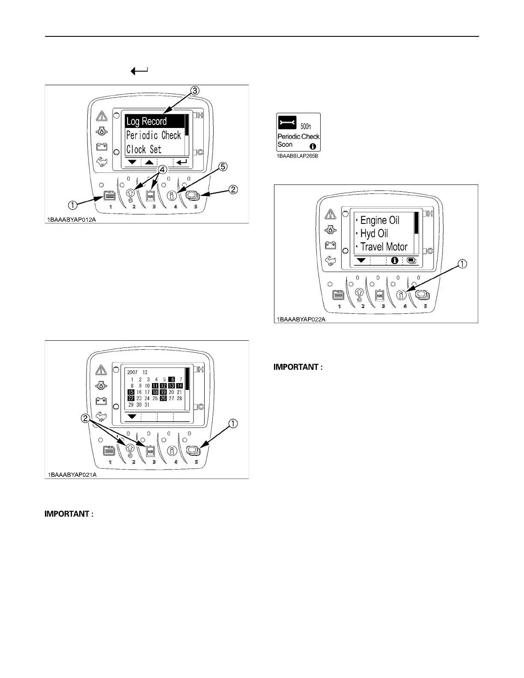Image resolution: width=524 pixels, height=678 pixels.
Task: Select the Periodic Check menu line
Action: [153, 136]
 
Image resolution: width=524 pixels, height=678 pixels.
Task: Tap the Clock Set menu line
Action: [144, 149]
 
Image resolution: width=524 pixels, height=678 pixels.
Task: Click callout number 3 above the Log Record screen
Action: [194, 91]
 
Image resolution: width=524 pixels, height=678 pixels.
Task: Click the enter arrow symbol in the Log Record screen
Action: [182, 162]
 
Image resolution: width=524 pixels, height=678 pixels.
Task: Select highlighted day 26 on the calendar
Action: [163, 398]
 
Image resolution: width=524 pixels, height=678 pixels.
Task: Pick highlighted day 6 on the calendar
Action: [172, 379]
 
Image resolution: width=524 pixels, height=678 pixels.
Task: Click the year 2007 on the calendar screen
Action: [132, 372]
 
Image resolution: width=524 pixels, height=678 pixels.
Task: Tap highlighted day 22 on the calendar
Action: [131, 398]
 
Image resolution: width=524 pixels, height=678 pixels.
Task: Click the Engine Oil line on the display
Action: [379, 220]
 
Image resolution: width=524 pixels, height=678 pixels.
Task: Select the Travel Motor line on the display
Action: [384, 247]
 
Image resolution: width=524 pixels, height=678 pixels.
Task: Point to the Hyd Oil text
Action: [374, 234]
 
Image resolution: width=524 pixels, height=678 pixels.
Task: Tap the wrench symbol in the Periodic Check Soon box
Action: [287, 122]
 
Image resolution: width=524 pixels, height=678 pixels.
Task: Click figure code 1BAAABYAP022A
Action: [301, 319]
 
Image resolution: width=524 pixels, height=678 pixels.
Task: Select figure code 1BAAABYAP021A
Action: [72, 475]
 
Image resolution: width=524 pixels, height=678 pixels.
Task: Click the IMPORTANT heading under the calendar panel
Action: [69, 514]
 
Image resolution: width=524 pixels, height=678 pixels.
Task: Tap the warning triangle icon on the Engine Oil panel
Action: [330, 214]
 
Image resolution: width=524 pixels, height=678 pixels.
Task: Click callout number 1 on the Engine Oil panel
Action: [462, 264]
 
